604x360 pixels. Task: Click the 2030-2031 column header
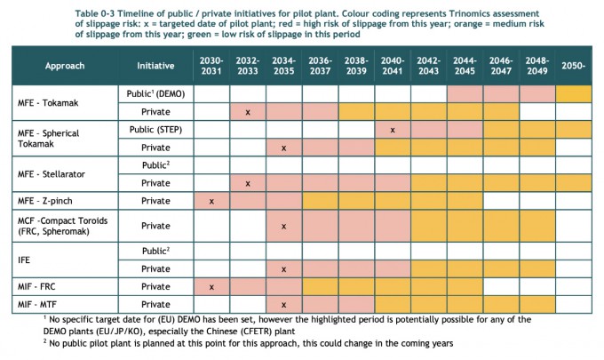click(x=211, y=66)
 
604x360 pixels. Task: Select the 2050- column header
click(x=573, y=66)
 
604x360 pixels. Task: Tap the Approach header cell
click(x=65, y=66)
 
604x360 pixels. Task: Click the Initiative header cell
click(x=155, y=66)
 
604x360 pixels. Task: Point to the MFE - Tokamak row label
click(x=48, y=103)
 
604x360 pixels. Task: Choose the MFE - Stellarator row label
click(x=52, y=174)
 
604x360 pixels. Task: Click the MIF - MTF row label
click(x=37, y=305)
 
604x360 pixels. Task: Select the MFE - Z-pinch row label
click(x=44, y=201)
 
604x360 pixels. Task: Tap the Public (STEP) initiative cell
click(x=155, y=130)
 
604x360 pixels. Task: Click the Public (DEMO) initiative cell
click(x=155, y=93)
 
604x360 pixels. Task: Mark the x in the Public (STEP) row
click(x=393, y=131)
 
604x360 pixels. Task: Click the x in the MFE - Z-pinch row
click(x=211, y=202)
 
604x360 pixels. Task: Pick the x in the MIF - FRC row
click(x=211, y=287)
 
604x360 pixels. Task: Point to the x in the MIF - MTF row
click(x=284, y=305)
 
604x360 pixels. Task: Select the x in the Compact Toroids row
click(x=284, y=227)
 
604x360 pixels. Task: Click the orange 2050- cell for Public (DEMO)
click(x=573, y=93)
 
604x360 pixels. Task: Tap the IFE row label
click(x=24, y=260)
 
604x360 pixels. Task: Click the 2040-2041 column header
click(x=393, y=66)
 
